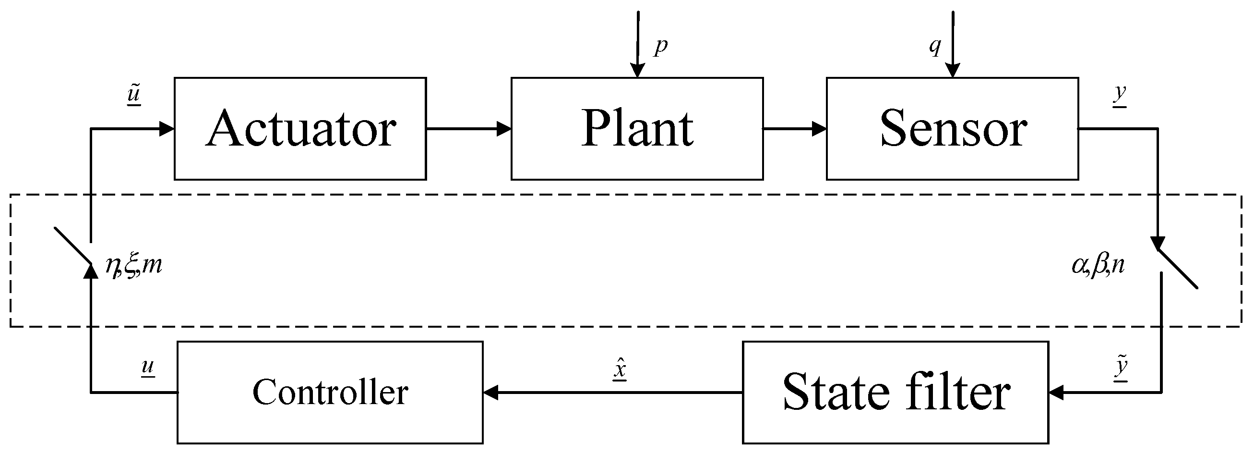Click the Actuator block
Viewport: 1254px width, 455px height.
pyautogui.click(x=300, y=129)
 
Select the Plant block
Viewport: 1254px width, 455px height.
pyautogui.click(x=637, y=129)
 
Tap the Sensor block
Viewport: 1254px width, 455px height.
pyautogui.click(x=952, y=129)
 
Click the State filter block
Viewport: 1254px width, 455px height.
pyautogui.click(x=895, y=393)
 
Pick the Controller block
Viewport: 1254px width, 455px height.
pyautogui.click(x=330, y=393)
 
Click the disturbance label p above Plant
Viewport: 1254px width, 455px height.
pyautogui.click(x=660, y=46)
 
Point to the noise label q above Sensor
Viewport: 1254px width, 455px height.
pyautogui.click(x=935, y=47)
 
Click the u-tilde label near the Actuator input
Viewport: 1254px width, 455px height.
pyautogui.click(x=134, y=94)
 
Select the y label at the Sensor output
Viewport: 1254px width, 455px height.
pyautogui.click(x=1120, y=94)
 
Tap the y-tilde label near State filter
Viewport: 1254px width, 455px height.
pyautogui.click(x=1121, y=368)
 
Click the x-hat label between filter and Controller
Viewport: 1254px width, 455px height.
pyautogui.click(x=620, y=369)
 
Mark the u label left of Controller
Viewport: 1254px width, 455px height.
pyautogui.click(x=147, y=366)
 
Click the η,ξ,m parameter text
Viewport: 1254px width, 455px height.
pyautogui.click(x=133, y=266)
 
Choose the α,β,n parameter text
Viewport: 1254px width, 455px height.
pyautogui.click(x=1098, y=266)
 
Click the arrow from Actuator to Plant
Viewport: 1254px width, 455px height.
pyautogui.click(x=468, y=129)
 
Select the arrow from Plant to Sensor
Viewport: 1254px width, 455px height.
pyautogui.click(x=794, y=129)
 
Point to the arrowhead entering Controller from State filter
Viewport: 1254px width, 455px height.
pyautogui.click(x=490, y=393)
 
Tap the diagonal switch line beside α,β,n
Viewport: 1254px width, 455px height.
pyautogui.click(x=1178, y=270)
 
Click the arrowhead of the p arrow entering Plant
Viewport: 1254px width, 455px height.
pyautogui.click(x=637, y=71)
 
